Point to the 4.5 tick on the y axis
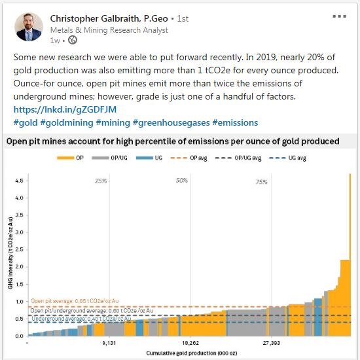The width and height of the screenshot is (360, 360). [x=20, y=181]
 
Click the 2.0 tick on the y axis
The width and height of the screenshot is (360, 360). [x=20, y=267]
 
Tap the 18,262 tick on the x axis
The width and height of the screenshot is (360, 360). [x=190, y=342]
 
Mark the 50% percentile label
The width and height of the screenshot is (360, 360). [x=181, y=181]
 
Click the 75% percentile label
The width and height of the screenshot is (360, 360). [x=262, y=181]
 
